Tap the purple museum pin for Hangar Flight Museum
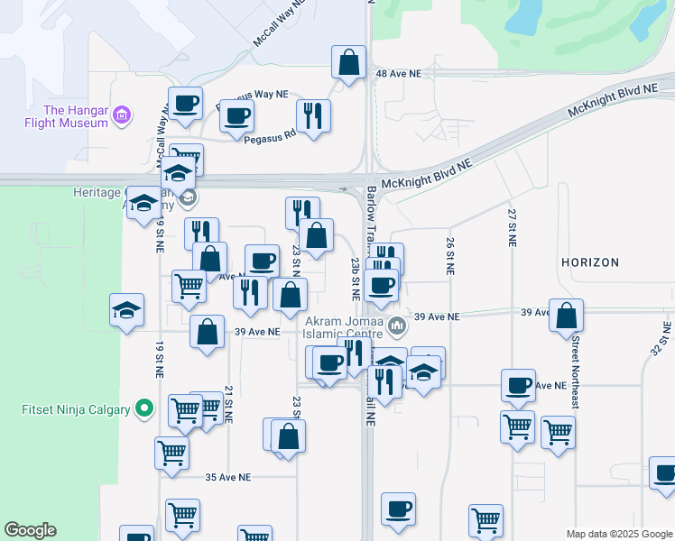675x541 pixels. pyautogui.click(x=123, y=115)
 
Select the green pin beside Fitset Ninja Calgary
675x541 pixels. pyautogui.click(x=143, y=409)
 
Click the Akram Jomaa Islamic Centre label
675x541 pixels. pyautogui.click(x=345, y=329)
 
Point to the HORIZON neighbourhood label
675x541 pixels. pyautogui.click(x=590, y=262)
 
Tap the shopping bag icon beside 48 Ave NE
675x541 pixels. pyautogui.click(x=348, y=63)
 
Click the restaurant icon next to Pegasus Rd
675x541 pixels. pyautogui.click(x=313, y=116)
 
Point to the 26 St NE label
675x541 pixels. pyautogui.click(x=448, y=256)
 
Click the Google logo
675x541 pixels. pyautogui.click(x=30, y=530)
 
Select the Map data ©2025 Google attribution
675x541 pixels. pyautogui.click(x=619, y=533)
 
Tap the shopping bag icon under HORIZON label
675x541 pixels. pyautogui.click(x=566, y=316)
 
